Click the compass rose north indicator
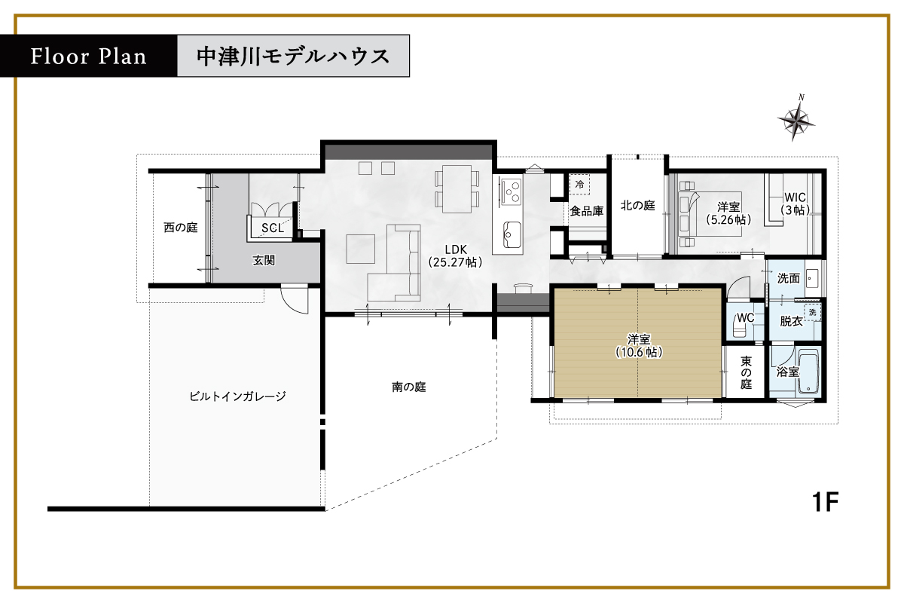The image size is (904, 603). coord(795,120)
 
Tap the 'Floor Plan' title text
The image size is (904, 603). coord(89,56)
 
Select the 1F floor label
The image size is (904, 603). coord(825,502)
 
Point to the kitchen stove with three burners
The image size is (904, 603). coord(511,191)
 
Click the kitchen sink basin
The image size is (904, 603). coord(512,234)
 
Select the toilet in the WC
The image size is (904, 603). coord(740,326)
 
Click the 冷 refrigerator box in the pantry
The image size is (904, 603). coord(579,184)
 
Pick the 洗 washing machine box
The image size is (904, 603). coord(812,312)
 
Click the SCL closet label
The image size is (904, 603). coord(273,228)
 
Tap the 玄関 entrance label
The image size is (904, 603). coord(264,260)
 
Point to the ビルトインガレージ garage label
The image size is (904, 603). coord(238,396)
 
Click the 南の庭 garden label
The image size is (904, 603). coord(409,387)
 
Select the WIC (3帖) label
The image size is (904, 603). coord(795,204)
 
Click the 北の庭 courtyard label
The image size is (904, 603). coord(637,206)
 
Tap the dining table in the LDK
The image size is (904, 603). coord(457,189)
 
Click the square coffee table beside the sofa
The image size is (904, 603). coord(361,249)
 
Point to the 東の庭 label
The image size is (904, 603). coord(746,372)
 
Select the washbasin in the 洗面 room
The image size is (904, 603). coord(812,278)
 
